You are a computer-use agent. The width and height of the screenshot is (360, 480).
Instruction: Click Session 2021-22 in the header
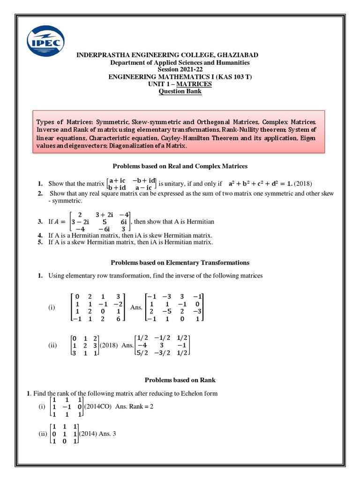tap(180, 69)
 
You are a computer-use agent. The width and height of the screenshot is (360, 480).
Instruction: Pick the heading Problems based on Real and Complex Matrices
tap(180, 166)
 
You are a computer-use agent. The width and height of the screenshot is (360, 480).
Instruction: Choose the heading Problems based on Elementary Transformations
tap(180, 262)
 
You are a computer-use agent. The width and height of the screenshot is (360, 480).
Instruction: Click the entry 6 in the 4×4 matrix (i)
tap(118, 319)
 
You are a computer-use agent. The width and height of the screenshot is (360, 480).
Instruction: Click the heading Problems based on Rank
tap(180, 380)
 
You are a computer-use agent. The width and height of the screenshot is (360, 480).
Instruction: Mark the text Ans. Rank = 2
tap(135, 406)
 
